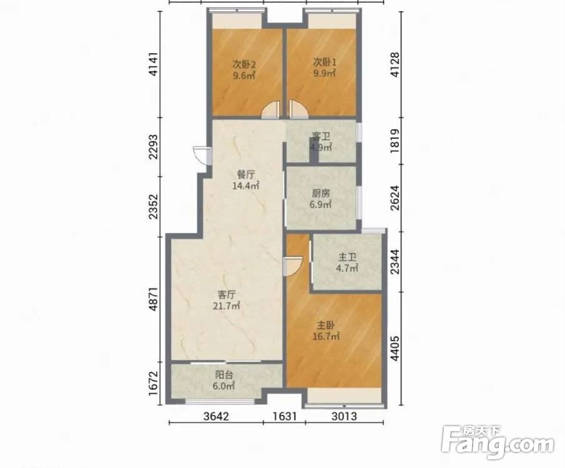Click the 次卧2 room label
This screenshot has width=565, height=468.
(243, 64)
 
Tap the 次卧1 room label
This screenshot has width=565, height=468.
(324, 62)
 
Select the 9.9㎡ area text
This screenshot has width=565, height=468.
(324, 73)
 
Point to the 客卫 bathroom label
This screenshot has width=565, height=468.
(321, 136)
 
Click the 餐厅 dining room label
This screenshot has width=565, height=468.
(246, 175)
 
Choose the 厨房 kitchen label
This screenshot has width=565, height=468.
(321, 193)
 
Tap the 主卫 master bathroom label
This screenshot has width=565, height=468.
(347, 257)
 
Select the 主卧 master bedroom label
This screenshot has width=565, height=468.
(326, 326)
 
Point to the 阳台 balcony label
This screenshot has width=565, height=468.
(224, 375)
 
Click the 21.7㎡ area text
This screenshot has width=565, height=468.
(227, 306)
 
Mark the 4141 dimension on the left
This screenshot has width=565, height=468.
(154, 64)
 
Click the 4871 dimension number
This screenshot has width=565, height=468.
(154, 299)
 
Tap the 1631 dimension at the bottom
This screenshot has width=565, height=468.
(285, 416)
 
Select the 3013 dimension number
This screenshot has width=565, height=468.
(344, 416)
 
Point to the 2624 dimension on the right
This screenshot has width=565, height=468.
(395, 198)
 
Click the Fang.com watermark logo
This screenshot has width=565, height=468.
(498, 442)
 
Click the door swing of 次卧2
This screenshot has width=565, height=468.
(270, 110)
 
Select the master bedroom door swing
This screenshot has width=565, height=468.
(292, 266)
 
